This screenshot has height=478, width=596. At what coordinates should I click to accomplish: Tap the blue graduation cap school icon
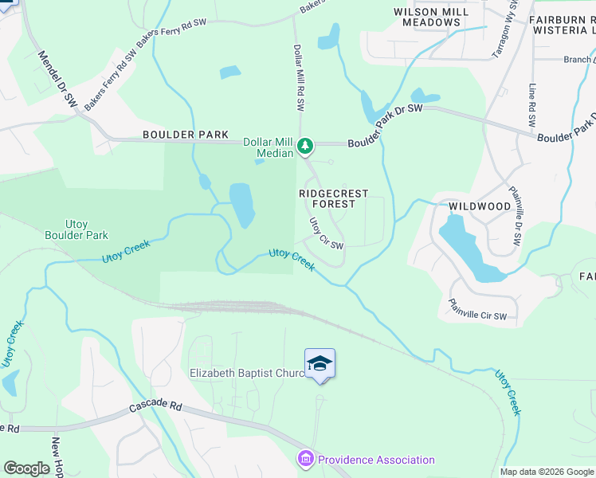[320, 364]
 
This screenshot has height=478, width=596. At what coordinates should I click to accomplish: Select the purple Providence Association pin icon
[306, 460]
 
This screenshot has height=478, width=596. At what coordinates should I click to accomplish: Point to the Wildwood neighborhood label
[480, 206]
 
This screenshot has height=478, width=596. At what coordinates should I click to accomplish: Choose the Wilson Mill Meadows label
[427, 17]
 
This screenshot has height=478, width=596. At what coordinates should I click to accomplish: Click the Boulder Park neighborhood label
[186, 135]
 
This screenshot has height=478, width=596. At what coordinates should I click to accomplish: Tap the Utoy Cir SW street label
[326, 233]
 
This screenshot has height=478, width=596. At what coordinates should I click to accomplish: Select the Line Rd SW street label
[531, 104]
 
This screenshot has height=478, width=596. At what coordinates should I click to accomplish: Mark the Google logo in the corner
[26, 468]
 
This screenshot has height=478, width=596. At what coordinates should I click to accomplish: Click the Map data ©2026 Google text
[546, 472]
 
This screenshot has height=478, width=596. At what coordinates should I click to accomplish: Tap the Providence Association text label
[376, 460]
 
